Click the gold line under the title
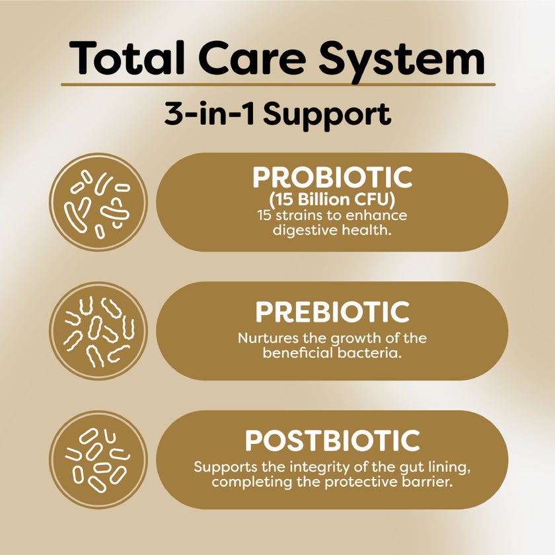[x=277, y=85]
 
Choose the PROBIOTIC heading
[x=332, y=178]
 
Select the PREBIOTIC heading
[x=332, y=312]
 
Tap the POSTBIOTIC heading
[x=332, y=441]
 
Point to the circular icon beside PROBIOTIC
[x=98, y=202]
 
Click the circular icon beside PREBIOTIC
[x=98, y=331]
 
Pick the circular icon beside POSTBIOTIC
[x=98, y=460]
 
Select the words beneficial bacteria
[x=332, y=353]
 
